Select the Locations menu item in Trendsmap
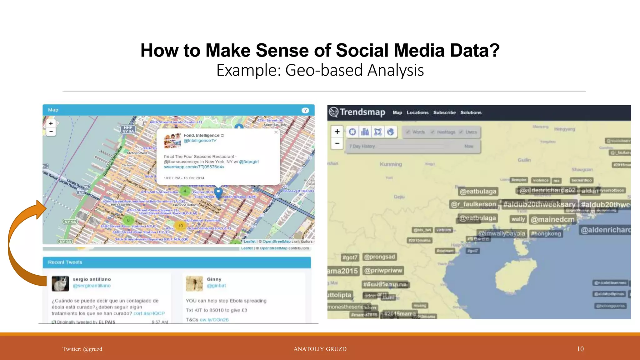point(417,112)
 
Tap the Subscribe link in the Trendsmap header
point(444,112)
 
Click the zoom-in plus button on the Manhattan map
point(51,123)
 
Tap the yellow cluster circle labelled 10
point(180,226)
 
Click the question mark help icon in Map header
point(305,110)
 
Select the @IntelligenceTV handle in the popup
point(200,141)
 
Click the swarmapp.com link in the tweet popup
point(194,167)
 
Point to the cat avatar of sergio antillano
point(60,283)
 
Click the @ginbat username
point(216,286)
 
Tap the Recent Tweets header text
point(65,262)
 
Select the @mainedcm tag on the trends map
point(552,220)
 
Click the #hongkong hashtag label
point(546,234)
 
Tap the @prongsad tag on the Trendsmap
point(379,257)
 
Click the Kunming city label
point(391,164)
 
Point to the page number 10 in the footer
point(580,349)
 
